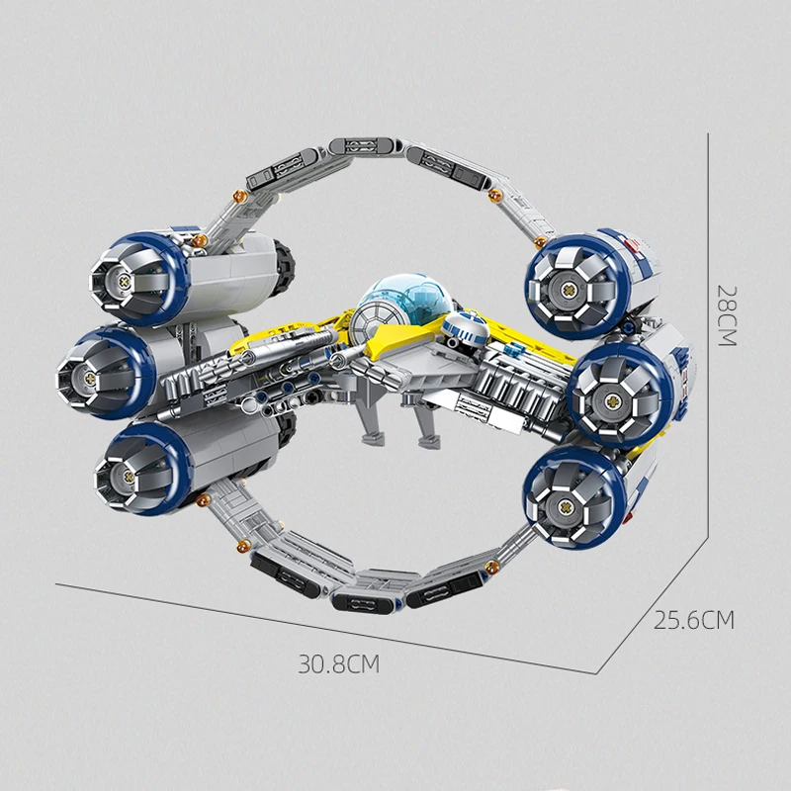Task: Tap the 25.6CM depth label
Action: [694, 620]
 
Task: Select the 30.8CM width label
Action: [339, 663]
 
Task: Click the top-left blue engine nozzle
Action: [127, 276]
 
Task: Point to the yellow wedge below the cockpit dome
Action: [395, 341]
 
